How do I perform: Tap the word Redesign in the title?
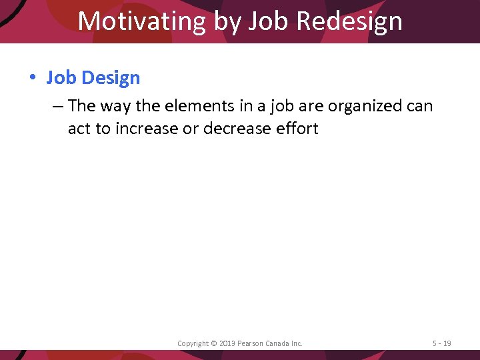(x=349, y=21)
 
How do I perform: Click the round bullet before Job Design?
(x=32, y=78)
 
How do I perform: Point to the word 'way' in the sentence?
(x=116, y=106)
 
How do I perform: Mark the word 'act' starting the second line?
(x=80, y=128)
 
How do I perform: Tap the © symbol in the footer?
(x=213, y=343)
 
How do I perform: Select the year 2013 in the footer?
(x=227, y=343)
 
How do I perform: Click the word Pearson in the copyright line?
(x=251, y=343)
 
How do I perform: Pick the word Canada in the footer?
(x=279, y=343)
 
